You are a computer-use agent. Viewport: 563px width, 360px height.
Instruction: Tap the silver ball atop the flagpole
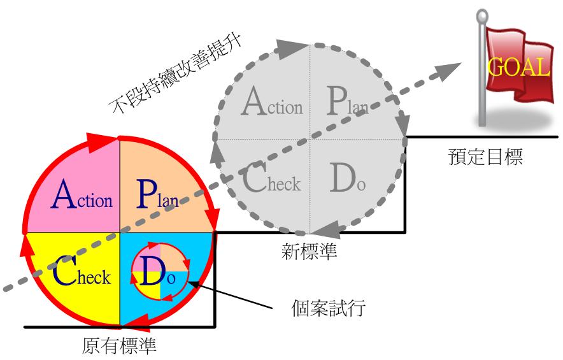[482, 15]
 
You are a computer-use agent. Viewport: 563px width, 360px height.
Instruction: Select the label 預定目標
[485, 157]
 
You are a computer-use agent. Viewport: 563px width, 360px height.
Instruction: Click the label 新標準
[309, 251]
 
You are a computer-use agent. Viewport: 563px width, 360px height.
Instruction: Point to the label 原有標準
[119, 345]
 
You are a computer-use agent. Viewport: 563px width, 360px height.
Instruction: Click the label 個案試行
[328, 308]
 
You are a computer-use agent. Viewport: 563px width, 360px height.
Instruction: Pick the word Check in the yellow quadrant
[82, 271]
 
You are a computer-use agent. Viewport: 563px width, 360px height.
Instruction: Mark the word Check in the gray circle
[272, 177]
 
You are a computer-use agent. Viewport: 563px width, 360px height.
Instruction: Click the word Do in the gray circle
[347, 178]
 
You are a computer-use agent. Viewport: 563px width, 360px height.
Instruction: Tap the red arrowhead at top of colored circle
[102, 142]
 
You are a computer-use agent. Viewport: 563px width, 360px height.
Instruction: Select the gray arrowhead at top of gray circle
[292, 48]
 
